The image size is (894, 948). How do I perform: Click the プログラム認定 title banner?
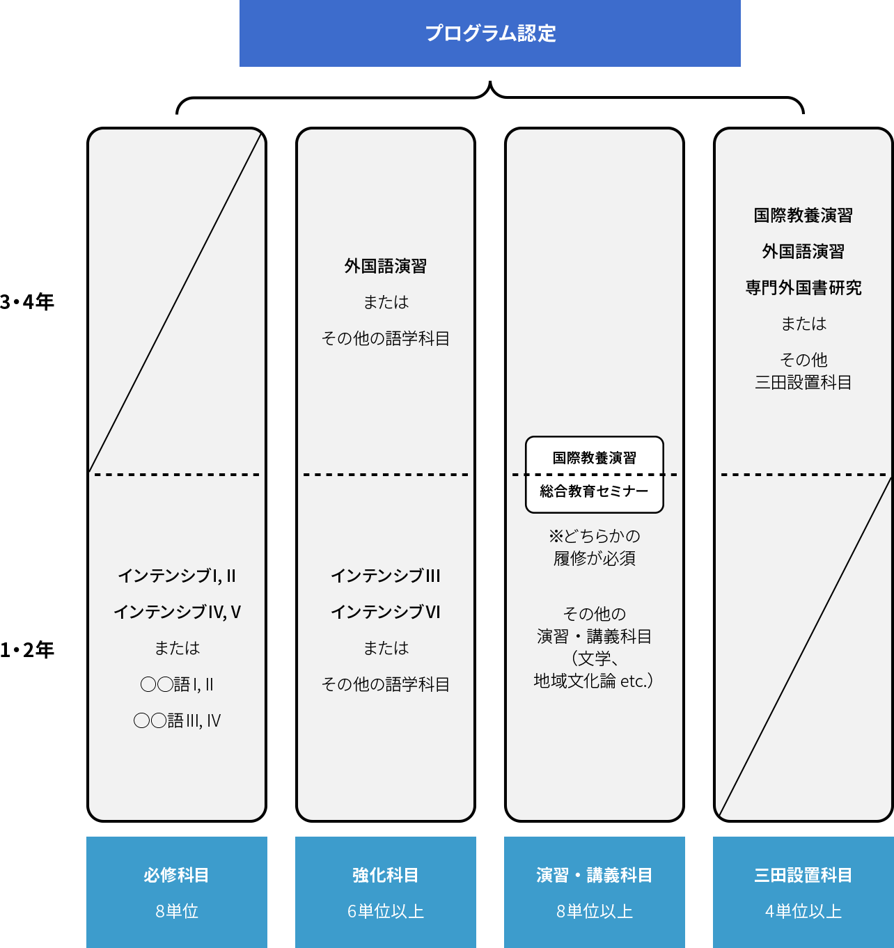pos(490,33)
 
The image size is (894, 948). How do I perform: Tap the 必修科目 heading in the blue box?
pos(177,875)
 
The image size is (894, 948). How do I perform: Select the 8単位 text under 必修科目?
pos(177,911)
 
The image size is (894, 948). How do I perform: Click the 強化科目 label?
pos(386,875)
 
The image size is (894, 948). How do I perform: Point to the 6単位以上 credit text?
pos(386,911)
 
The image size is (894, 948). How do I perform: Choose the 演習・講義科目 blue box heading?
pos(595,875)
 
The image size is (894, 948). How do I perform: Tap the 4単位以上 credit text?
pos(803,911)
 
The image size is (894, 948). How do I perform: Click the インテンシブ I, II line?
pos(177,576)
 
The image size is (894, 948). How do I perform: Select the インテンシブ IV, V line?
pos(177,612)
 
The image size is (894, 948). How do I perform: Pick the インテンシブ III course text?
pos(386,576)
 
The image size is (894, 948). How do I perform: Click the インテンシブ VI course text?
pos(386,612)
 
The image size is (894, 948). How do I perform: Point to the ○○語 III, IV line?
pos(177,720)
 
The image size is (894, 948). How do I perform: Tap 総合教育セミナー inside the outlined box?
pos(595,491)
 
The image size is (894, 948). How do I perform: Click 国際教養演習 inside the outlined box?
pos(595,458)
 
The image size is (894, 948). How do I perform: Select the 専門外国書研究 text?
pos(803,287)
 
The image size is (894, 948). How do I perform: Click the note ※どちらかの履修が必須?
pos(595,547)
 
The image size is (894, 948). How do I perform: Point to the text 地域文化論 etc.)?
pos(593,681)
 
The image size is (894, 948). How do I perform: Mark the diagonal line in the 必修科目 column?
pos(175,301)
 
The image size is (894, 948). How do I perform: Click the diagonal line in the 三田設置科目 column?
pos(805,647)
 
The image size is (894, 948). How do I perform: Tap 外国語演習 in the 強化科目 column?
pos(386,266)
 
